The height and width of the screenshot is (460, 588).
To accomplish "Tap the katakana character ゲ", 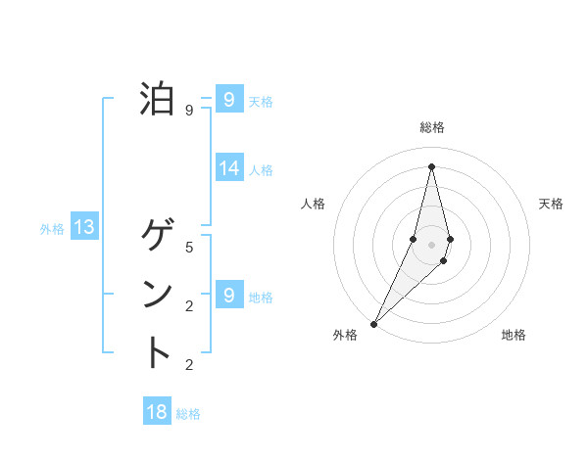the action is [159, 235].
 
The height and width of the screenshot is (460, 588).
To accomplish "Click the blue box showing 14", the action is [228, 168].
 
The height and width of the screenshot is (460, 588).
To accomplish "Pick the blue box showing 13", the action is [84, 228].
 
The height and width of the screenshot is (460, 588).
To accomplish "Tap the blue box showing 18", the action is [157, 412].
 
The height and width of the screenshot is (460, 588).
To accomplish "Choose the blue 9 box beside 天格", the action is [228, 100].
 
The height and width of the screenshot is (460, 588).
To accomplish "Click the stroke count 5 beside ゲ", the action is [189, 248].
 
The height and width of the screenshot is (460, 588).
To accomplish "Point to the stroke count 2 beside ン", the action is [189, 306].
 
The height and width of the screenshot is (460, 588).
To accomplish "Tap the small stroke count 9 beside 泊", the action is [189, 111].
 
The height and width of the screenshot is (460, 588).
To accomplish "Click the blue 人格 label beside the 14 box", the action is [261, 170].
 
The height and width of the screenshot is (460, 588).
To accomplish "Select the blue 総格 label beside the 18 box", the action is [188, 414].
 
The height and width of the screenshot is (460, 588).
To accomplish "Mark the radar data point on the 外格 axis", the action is [373, 323].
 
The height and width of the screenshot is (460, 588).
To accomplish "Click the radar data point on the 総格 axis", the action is [431, 165].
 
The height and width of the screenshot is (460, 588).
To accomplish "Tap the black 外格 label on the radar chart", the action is [345, 336].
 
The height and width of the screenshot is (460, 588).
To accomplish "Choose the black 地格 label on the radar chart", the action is [514, 336].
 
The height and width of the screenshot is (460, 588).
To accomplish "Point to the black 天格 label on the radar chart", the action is [551, 204].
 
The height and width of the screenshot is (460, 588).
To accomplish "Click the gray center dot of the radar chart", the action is [431, 244].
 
